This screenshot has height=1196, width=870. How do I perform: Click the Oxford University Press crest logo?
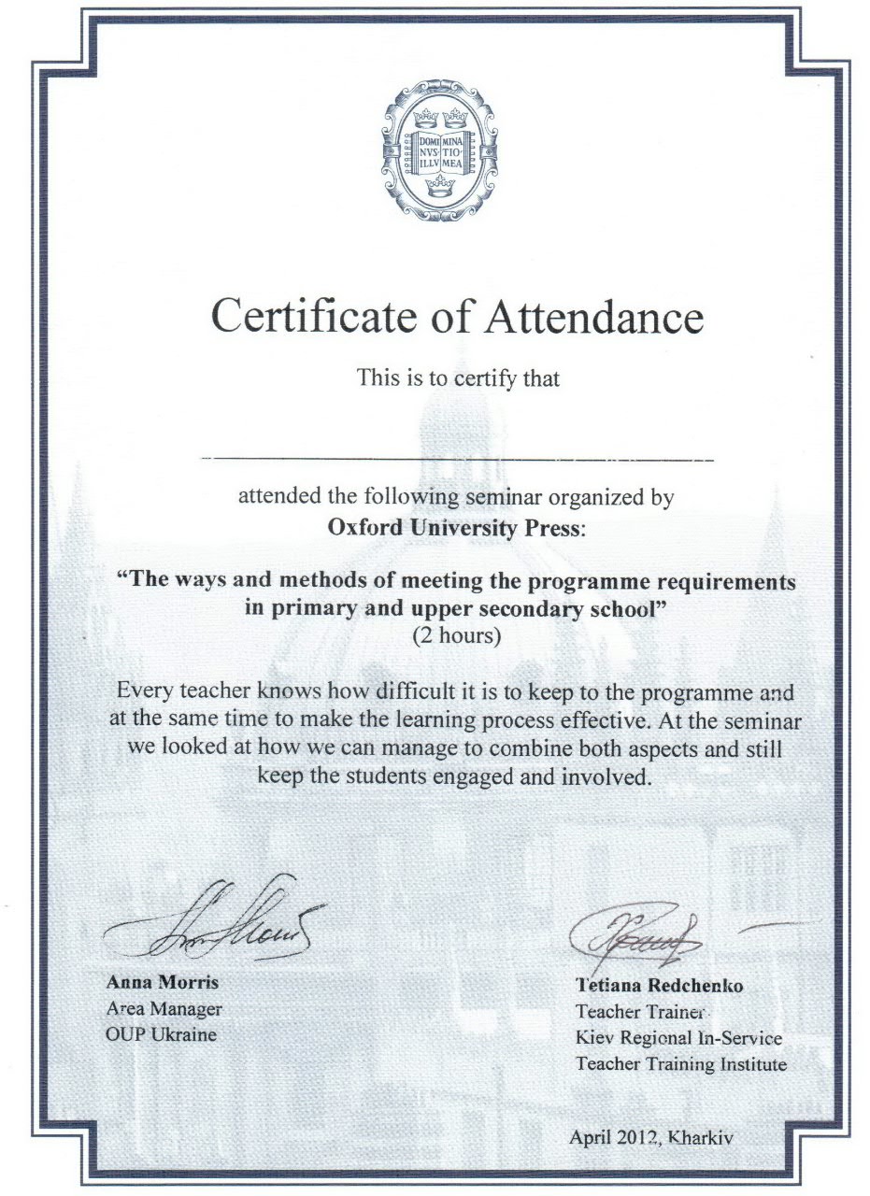(438, 149)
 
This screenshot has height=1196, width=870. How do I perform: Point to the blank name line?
(458, 459)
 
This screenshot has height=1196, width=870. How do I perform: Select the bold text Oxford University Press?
(455, 528)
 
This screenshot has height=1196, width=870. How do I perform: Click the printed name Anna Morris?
(163, 983)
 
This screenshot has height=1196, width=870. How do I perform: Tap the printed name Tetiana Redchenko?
(660, 986)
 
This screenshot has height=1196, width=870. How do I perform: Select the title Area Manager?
(164, 1009)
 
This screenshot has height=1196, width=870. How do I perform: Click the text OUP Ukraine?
(161, 1034)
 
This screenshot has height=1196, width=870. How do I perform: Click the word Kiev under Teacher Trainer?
(594, 1038)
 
